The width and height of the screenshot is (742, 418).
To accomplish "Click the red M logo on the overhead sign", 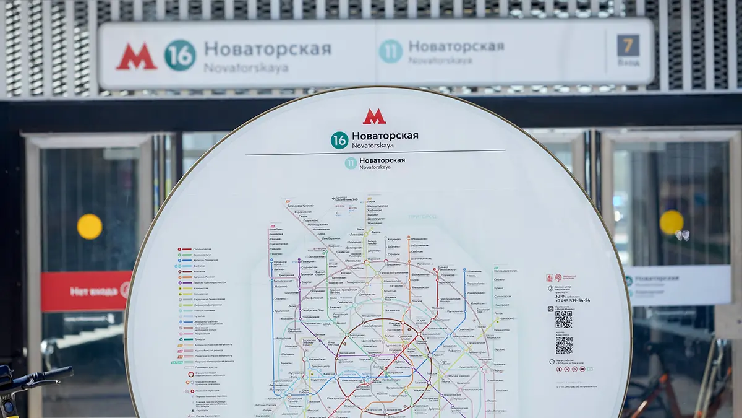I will (136, 56).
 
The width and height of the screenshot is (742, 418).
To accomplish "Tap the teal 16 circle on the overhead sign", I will (180, 55).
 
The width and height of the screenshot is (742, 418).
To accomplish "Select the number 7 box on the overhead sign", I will (628, 45).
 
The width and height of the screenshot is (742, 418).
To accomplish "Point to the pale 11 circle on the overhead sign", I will (390, 51).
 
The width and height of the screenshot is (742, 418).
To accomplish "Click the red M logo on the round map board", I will (374, 116).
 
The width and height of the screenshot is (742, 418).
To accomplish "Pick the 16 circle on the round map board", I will (339, 140).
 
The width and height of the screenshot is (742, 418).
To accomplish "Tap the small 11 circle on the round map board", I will (351, 163).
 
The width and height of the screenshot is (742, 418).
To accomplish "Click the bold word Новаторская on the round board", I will (385, 136).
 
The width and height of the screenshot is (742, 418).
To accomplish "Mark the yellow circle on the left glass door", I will (90, 227).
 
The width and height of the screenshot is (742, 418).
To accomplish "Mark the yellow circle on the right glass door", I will (672, 222).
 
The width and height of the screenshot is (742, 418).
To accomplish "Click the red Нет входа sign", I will (86, 290).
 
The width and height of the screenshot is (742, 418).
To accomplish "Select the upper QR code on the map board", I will (563, 320).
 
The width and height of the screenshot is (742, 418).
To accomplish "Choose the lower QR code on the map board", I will (563, 345).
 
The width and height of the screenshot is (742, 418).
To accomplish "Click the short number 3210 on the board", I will (560, 295).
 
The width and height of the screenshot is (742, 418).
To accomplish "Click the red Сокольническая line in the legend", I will (202, 249).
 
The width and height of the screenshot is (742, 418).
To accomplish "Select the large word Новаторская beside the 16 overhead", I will (268, 49).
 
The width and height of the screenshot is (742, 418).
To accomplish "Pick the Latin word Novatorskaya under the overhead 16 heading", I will (246, 68).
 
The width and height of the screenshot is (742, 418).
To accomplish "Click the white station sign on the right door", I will (677, 285).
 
